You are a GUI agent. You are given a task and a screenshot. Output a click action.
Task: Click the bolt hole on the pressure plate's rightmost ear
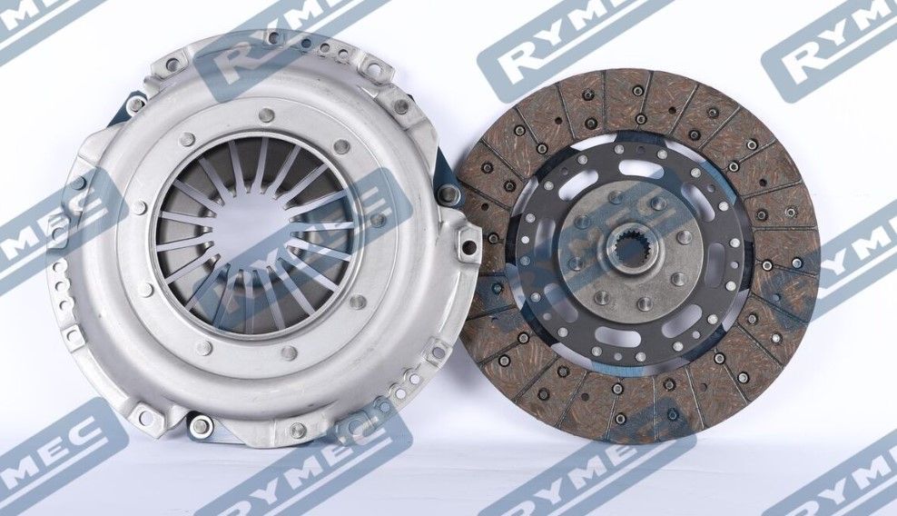pos(468,247)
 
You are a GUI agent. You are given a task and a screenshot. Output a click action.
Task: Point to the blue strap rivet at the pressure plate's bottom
pos(199,424)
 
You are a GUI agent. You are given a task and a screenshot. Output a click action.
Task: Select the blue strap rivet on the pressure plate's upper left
pos(135,104)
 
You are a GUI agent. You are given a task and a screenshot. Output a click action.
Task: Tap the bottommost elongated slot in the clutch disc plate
pos(618,334)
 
